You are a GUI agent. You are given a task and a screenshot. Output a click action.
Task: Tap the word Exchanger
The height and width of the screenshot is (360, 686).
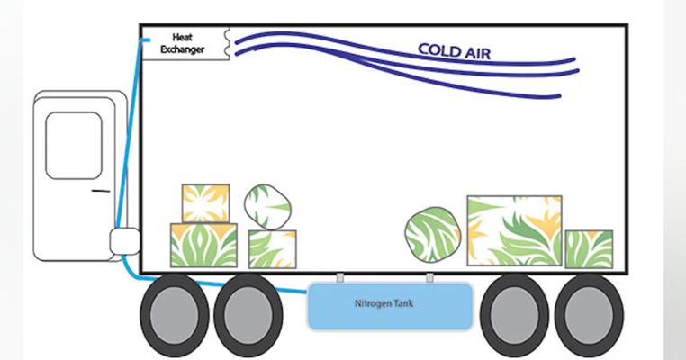coord(178,48)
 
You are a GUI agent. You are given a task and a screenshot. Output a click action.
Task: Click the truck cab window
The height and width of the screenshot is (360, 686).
coord(75,145)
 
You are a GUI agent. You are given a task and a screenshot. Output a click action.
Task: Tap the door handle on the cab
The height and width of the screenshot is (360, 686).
coord(100,191)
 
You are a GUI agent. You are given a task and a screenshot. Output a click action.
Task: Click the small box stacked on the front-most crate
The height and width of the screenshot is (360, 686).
coord(205,203)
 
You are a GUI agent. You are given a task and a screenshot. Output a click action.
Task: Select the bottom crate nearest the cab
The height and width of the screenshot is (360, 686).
coord(203,245)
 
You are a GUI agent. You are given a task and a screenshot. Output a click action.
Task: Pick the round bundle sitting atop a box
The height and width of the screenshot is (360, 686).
coord(268,205)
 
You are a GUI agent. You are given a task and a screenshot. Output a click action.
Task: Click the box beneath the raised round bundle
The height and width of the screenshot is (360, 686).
coord(273,248)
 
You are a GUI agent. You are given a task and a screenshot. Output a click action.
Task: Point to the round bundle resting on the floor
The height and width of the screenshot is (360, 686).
coord(432,236)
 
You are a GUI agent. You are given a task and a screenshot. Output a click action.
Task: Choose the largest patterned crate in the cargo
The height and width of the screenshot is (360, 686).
coord(514,230)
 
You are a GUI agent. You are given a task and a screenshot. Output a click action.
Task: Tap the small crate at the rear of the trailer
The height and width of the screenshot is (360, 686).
coord(589,248)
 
